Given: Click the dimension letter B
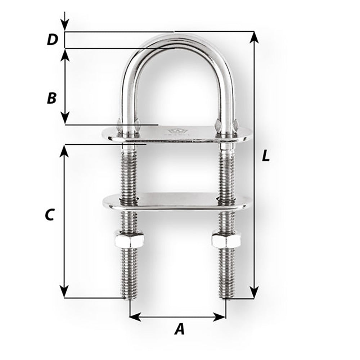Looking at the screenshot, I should [52, 98].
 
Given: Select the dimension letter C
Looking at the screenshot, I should [49, 215].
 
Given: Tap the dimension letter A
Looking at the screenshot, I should [179, 329].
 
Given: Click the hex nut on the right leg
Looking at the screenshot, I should [226, 240].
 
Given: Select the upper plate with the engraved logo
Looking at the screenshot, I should [176, 134].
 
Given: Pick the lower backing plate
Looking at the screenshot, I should [176, 202].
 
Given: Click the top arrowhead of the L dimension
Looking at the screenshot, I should [255, 37].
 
